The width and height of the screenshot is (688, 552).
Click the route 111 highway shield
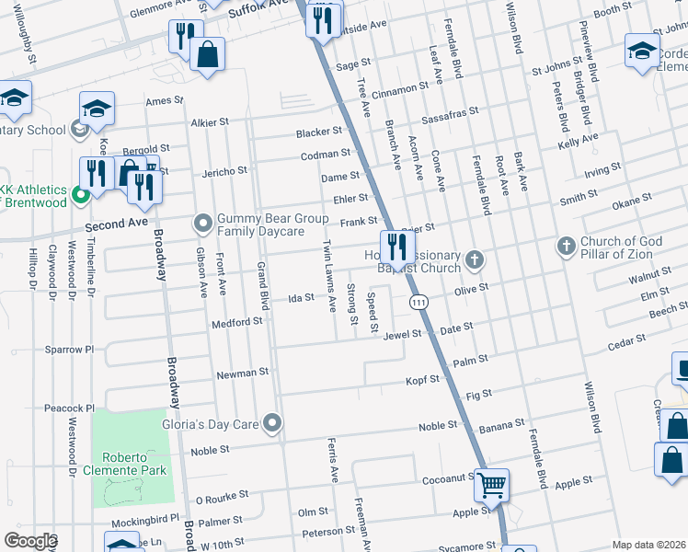coord(419,302)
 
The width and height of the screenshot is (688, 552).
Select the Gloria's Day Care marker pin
coord(271,423)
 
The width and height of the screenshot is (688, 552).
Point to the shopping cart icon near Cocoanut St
coord(492,483)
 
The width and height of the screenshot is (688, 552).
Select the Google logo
coord(29,540)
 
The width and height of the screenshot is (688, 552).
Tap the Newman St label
coord(242,373)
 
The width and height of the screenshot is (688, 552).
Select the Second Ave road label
coord(116,224)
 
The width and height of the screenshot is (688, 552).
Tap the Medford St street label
coord(238,322)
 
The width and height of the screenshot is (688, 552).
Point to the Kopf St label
coord(423,379)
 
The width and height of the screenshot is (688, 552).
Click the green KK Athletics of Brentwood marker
coord(80,193)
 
